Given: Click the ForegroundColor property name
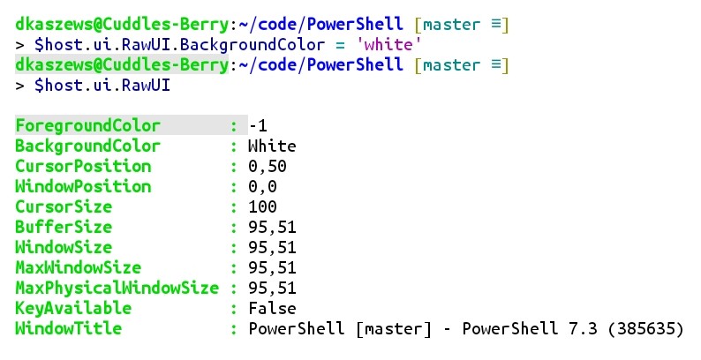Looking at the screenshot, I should coord(87,125).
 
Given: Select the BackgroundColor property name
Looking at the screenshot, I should coord(87,146).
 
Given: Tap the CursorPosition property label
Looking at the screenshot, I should coord(83,166).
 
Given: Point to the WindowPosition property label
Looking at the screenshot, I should coord(83,186).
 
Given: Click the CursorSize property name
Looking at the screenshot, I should coord(64,206).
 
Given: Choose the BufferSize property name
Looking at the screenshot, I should coord(64,227).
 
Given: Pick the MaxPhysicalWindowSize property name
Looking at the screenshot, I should coord(117,288).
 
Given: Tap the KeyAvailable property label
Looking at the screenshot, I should coord(73,308).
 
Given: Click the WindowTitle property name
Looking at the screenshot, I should coord(68,328).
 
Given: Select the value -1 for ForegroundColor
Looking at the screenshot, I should coord(258,125).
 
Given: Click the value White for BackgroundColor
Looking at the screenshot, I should coord(272,146).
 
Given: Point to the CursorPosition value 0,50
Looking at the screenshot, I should coord(268,166).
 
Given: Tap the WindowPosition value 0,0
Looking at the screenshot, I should coord(262,186).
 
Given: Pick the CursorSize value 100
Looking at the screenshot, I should coord(262,206).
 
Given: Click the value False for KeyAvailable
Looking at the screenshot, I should coord(272,308).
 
